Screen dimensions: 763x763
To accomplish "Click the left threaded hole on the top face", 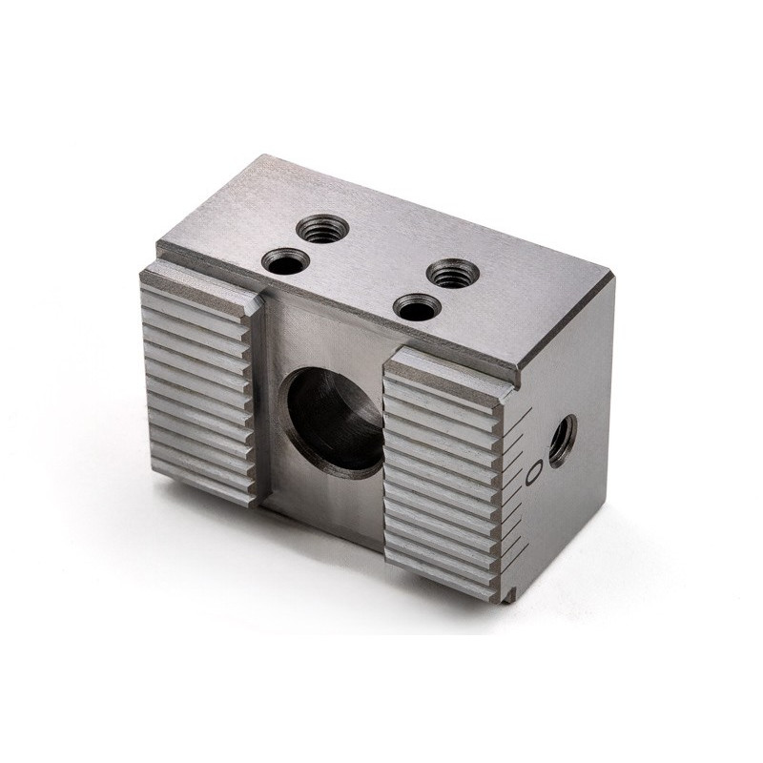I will pyautogui.click(x=322, y=228).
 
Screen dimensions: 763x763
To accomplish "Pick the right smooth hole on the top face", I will pyautogui.click(x=416, y=307).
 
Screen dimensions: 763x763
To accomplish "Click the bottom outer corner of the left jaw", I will pyautogui.click(x=153, y=467).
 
